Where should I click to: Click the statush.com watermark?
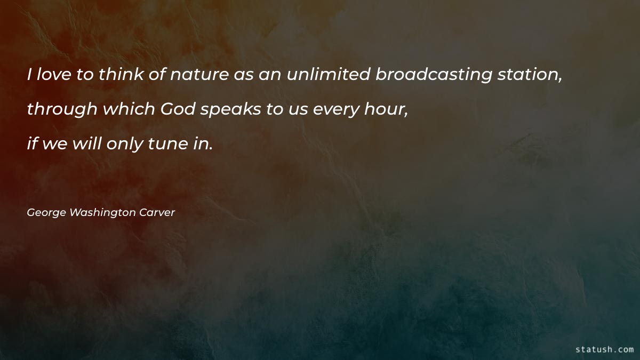(605, 349)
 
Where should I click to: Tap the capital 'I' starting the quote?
(30, 75)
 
